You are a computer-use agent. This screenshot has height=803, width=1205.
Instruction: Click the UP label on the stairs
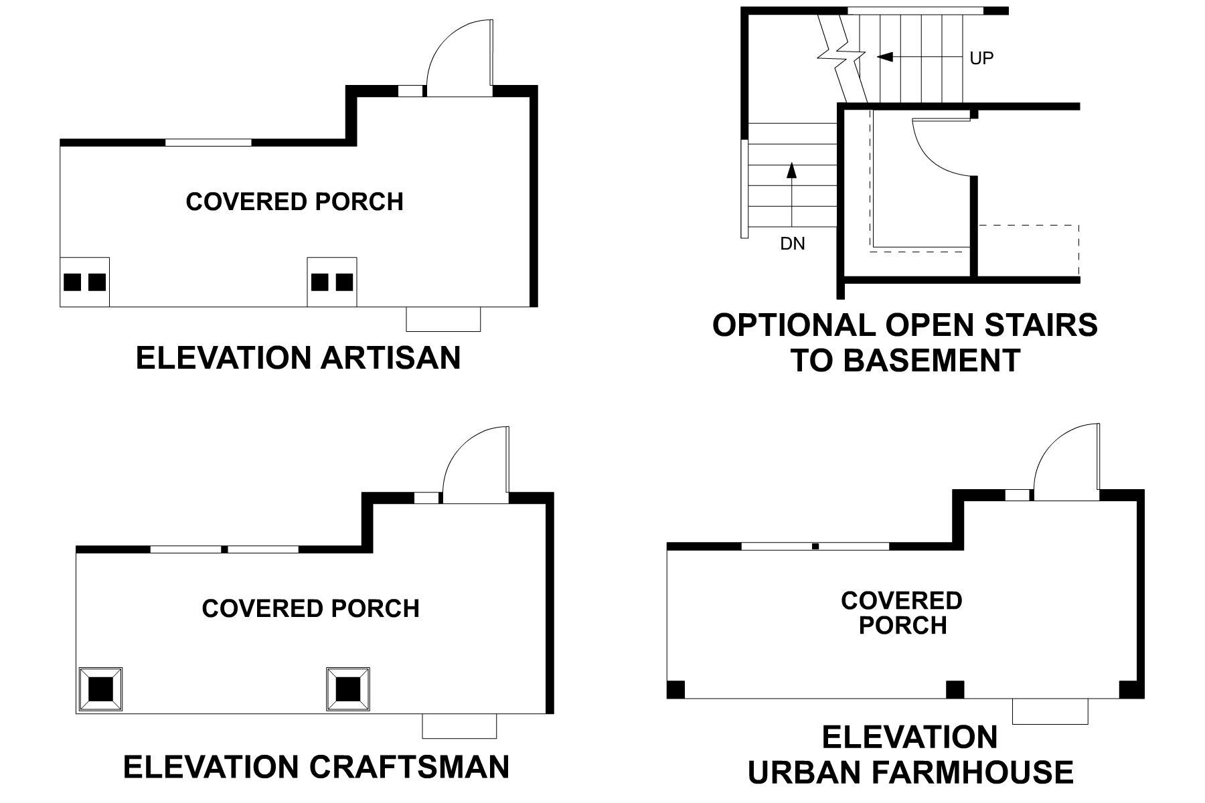point(981,58)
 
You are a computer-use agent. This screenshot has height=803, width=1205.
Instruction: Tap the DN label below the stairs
point(793,244)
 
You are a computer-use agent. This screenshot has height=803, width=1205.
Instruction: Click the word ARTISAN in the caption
point(390,357)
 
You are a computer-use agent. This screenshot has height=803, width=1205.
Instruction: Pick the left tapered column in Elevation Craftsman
point(100,689)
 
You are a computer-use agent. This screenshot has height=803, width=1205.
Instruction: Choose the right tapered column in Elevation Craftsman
point(347,689)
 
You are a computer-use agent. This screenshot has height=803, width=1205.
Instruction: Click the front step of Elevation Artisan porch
point(443,319)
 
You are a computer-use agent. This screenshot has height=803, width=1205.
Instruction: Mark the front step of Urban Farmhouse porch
point(1050,711)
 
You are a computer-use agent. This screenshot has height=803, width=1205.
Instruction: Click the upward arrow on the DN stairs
point(792,171)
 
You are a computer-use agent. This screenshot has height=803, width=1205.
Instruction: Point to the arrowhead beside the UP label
point(885,58)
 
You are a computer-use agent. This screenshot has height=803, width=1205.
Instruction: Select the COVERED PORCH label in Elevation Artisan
point(295,201)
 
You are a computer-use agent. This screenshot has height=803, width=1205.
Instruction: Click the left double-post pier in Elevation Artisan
point(84,282)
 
